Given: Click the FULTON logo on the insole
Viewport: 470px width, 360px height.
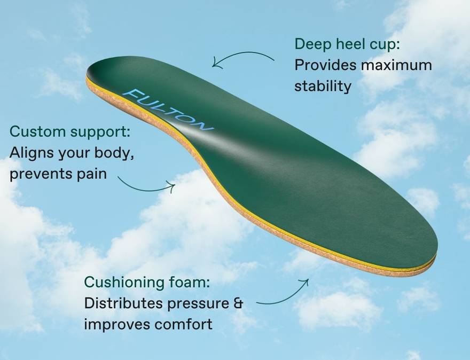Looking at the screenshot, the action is tap(168, 110).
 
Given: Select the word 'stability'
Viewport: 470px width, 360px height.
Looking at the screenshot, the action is tap(323, 86).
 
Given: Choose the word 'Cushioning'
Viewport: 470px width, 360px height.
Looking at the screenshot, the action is tap(124, 283).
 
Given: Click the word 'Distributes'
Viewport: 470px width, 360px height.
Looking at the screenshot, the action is tap(124, 303).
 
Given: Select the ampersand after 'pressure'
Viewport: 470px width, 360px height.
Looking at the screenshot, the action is tap(238, 303).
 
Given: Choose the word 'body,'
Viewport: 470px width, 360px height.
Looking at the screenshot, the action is tap(114, 153).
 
